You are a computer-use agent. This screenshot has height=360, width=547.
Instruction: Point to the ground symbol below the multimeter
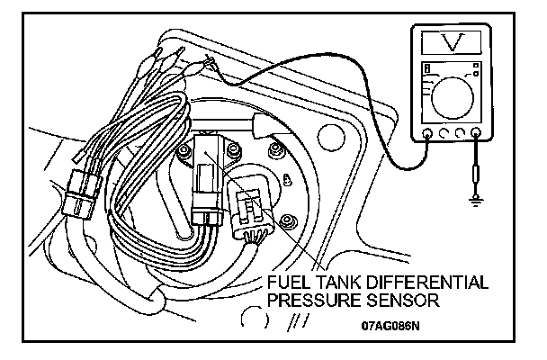pos(475,199)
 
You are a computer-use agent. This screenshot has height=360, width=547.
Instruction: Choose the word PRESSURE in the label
pos(311,298)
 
